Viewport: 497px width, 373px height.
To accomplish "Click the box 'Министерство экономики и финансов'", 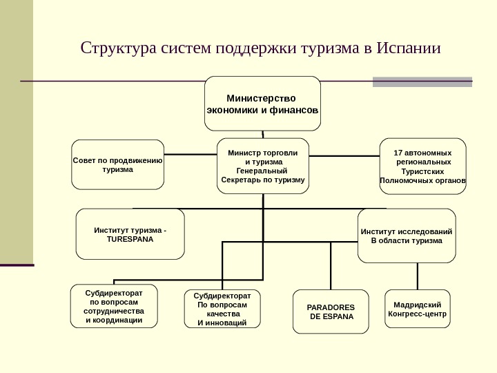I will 262,103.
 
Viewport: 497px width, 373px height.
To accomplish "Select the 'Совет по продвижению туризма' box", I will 118,164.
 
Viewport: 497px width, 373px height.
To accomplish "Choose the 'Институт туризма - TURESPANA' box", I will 130,234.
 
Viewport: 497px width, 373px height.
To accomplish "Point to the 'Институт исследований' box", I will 407,236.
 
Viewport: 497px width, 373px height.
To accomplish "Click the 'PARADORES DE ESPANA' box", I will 331,312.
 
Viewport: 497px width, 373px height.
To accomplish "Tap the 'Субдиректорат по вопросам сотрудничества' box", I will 114,307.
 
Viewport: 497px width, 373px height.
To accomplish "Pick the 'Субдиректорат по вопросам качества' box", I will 222,309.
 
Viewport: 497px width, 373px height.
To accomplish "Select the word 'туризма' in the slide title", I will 324,49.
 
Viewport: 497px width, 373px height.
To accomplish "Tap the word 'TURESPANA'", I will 130,239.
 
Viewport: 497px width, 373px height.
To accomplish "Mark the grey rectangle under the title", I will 422,82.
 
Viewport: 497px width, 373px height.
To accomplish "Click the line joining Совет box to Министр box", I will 191,153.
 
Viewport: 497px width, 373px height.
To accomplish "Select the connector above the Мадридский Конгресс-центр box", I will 416,276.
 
